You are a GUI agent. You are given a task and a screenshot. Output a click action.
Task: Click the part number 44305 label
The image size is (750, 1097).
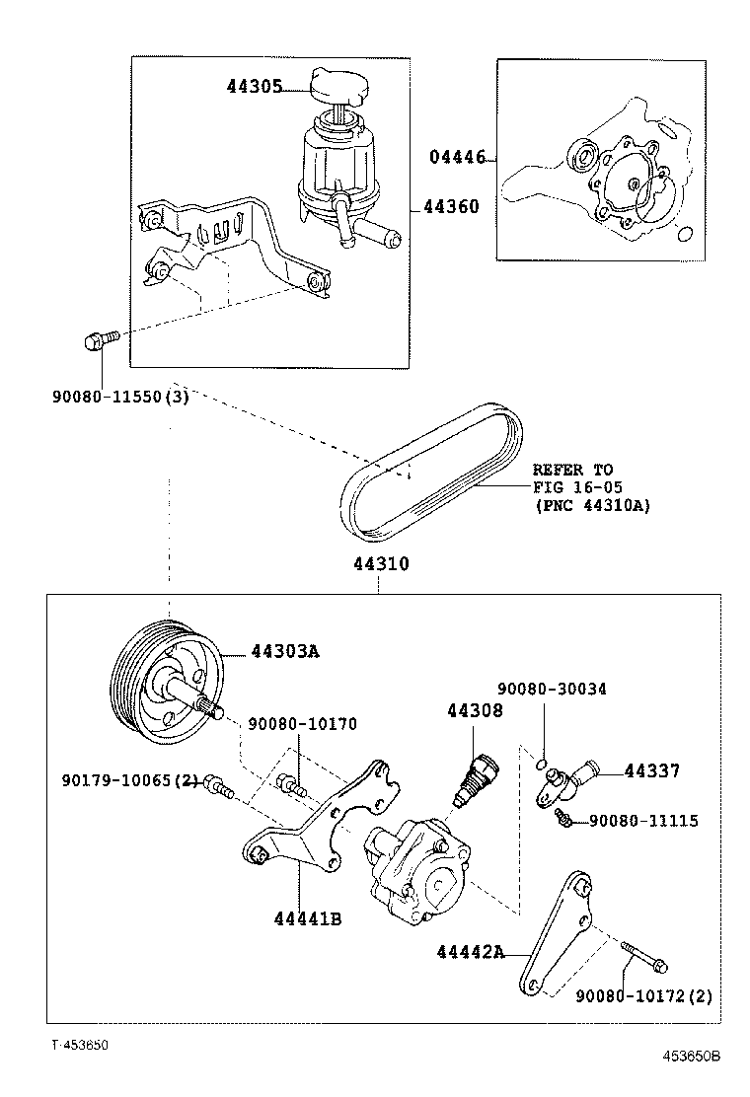click(254, 87)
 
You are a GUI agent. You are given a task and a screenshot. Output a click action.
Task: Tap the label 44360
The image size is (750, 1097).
click(451, 207)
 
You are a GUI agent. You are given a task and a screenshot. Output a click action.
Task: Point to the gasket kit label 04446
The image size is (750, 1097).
click(457, 157)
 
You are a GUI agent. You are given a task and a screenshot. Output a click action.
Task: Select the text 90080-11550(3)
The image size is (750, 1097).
click(120, 396)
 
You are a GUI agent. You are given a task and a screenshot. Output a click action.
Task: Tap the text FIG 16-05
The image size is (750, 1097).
click(572, 487)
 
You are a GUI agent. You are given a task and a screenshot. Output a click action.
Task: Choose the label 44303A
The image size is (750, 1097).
click(285, 651)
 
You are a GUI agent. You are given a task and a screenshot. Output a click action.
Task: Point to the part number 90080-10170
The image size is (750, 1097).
click(302, 724)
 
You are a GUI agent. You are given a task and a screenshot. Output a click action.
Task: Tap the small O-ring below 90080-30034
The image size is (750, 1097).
click(541, 764)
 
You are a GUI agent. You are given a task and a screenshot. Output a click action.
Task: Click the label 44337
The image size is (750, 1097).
click(651, 770)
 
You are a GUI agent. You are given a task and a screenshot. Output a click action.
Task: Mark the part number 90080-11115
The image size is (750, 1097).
click(643, 820)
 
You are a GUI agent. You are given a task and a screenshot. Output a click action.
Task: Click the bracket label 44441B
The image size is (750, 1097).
click(308, 918)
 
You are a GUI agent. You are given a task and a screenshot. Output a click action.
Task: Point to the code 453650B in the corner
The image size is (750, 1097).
click(690, 1056)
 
